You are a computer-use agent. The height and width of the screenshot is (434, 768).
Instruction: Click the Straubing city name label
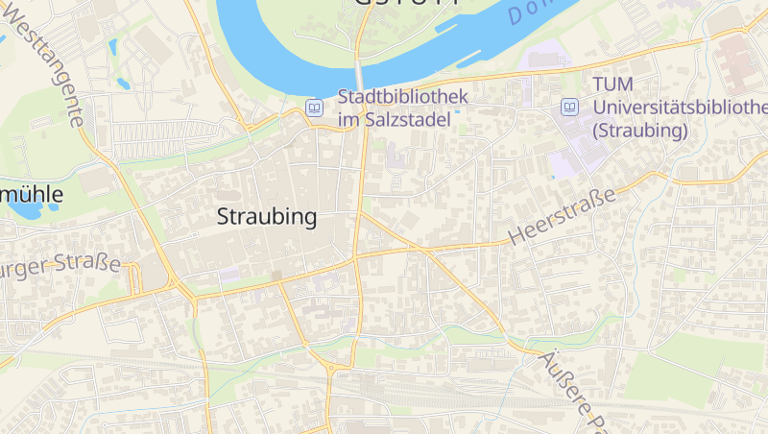267,217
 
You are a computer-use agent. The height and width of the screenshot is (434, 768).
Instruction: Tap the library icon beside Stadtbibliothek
313,108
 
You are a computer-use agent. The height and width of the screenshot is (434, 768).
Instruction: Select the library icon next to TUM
570,107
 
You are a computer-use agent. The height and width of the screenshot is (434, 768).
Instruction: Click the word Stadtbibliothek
402,96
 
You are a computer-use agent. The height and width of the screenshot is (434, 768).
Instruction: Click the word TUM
613,84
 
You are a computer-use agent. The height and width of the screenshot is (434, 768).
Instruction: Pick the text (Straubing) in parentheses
640,130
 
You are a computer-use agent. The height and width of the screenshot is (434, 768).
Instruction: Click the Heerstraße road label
561,216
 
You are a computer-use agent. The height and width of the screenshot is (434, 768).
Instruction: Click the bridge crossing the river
360,75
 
